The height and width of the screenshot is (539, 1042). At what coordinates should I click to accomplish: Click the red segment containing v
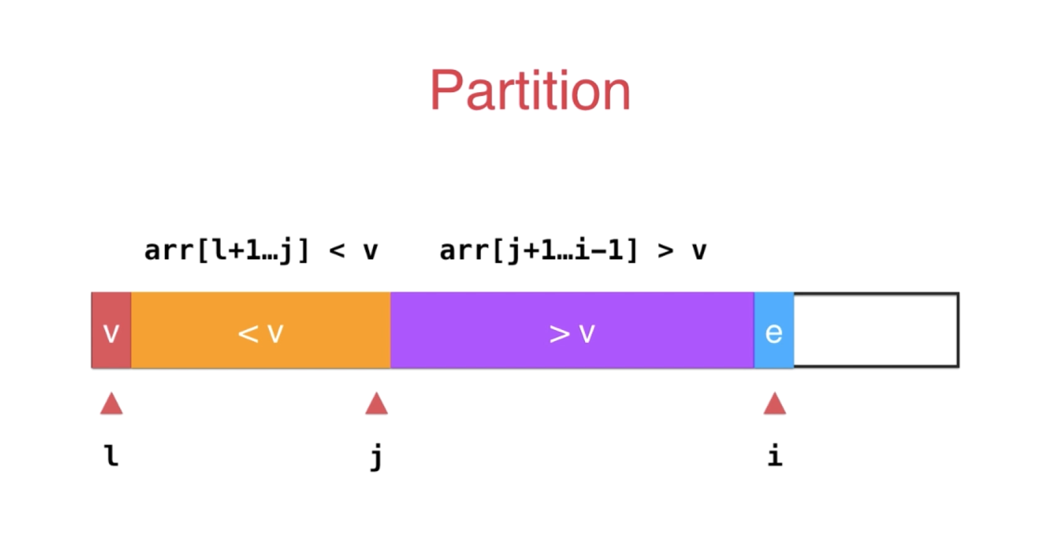pyautogui.click(x=111, y=330)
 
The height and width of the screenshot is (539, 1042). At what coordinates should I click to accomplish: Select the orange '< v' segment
pyautogui.click(x=260, y=330)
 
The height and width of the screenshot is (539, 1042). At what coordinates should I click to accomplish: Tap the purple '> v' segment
pyautogui.click(x=572, y=330)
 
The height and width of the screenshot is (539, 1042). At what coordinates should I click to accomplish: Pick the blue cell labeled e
pyautogui.click(x=774, y=330)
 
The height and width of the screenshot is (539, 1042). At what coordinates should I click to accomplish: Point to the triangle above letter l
pyautogui.click(x=112, y=403)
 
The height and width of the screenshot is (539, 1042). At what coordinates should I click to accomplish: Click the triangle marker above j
pyautogui.click(x=377, y=403)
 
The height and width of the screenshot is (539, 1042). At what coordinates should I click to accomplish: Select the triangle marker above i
pyautogui.click(x=774, y=403)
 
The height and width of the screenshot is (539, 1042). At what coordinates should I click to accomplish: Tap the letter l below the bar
pyautogui.click(x=112, y=456)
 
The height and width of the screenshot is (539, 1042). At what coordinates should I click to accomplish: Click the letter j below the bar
pyautogui.click(x=377, y=457)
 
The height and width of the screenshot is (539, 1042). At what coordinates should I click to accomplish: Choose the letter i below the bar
pyautogui.click(x=775, y=455)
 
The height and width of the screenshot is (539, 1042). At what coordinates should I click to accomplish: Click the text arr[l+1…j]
pyautogui.click(x=227, y=251)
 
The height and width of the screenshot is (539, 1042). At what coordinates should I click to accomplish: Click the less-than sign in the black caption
pyautogui.click(x=337, y=252)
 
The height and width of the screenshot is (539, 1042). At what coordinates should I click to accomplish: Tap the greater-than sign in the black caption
pyautogui.click(x=665, y=252)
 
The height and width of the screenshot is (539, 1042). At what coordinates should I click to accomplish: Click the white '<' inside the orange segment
pyautogui.click(x=248, y=334)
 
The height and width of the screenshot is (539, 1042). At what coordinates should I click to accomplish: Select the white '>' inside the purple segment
pyautogui.click(x=560, y=334)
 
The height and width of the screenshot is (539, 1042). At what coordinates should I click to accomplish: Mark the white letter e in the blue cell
pyautogui.click(x=774, y=333)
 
